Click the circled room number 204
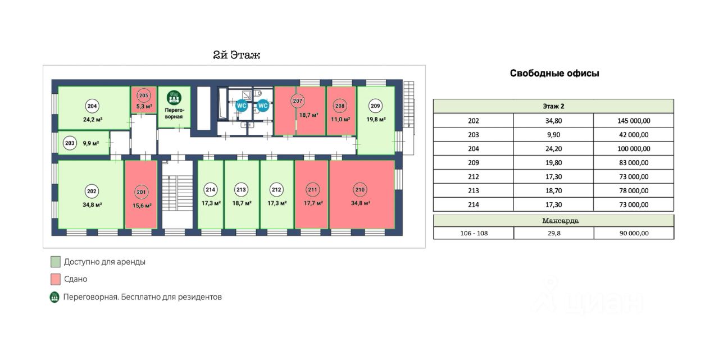point(92,106)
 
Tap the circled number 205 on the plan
point(144,95)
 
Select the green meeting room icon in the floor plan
point(174,98)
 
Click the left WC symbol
point(242,105)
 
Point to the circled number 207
point(298,102)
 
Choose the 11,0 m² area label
point(340,120)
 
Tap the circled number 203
point(70,143)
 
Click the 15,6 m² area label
point(141,206)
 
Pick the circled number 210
point(360,189)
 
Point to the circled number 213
point(242,189)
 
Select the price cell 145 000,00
point(634,120)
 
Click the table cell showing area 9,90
point(553,135)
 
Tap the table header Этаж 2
point(553,106)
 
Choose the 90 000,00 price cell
point(634,233)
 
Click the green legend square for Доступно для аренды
point(55,262)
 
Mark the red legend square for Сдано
point(55,279)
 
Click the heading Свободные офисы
point(554,74)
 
